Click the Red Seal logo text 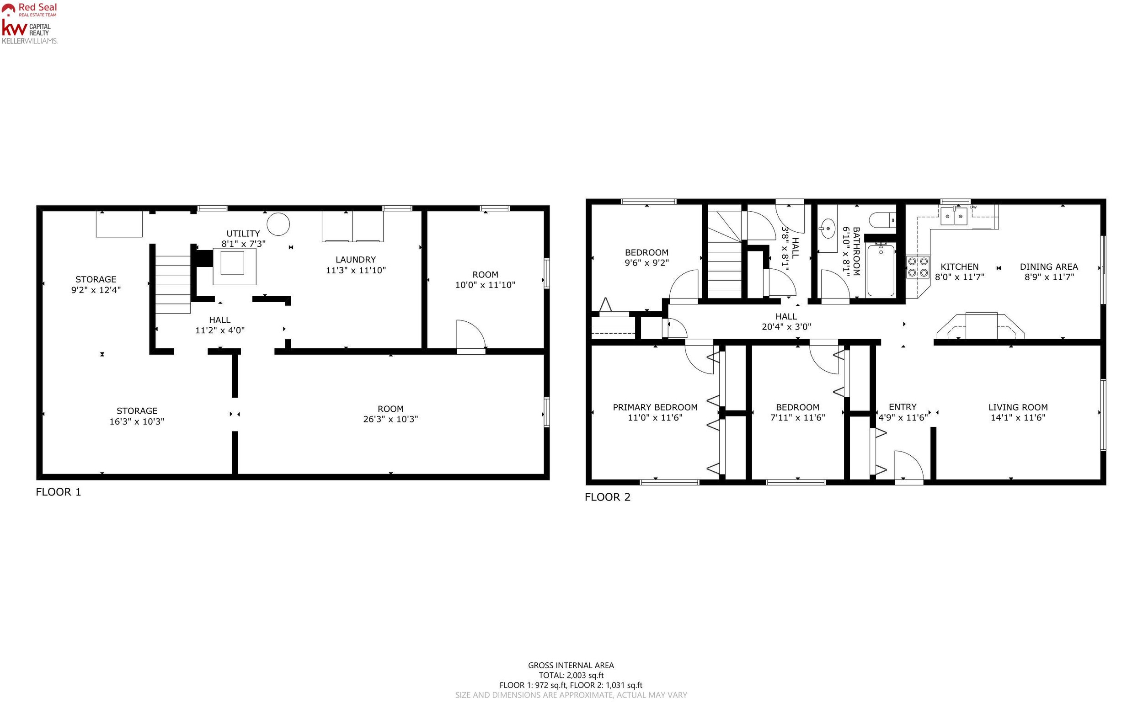click(38, 7)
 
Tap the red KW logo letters click(15, 28)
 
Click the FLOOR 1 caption click(59, 492)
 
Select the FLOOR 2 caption click(608, 497)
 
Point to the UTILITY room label click(243, 233)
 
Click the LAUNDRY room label click(356, 260)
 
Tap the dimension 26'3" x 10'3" click(390, 419)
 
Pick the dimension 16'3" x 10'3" click(137, 421)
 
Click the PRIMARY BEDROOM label click(655, 407)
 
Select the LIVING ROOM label click(1018, 407)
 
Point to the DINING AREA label click(1048, 267)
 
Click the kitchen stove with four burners click(918, 267)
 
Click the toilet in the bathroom click(882, 220)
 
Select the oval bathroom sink click(828, 229)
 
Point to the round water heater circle click(278, 224)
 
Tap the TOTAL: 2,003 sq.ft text click(571, 675)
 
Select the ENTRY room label click(903, 406)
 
